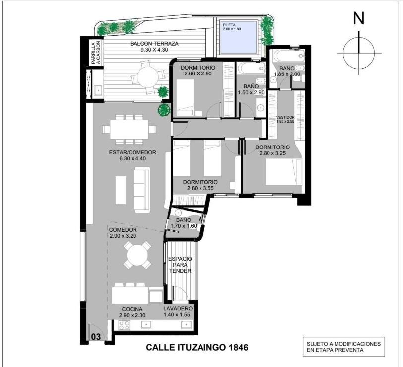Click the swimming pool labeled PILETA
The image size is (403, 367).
(239, 37)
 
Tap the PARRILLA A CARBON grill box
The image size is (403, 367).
(96, 53)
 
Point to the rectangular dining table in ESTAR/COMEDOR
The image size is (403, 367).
(129, 129)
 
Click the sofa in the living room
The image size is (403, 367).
(141, 190)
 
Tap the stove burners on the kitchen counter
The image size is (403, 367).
(125, 326)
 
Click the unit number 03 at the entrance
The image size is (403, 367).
(96, 336)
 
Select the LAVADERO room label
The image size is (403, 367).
(178, 308)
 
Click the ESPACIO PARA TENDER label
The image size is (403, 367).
(180, 265)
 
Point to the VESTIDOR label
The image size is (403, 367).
(285, 117)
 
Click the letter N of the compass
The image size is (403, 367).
(358, 18)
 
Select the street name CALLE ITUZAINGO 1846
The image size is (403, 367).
(197, 347)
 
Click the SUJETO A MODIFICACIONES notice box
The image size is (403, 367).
(344, 347)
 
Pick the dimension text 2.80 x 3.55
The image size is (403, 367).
(200, 188)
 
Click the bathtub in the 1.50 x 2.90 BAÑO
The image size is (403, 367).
(251, 69)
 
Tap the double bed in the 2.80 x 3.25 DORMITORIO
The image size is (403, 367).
(283, 172)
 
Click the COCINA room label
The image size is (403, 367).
(132, 309)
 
